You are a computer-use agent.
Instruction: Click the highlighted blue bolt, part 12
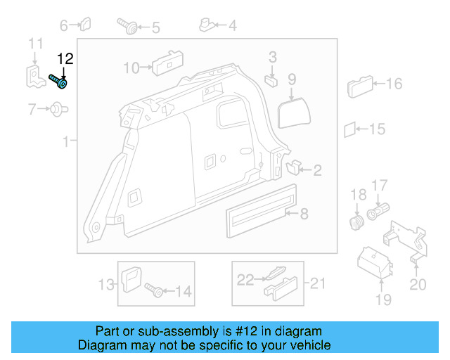[x=58, y=82]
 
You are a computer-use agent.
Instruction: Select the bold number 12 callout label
[x=65, y=59]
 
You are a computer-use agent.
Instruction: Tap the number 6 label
[x=64, y=26]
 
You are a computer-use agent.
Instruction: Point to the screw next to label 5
[x=130, y=27]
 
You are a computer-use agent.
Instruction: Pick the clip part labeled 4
[x=207, y=26]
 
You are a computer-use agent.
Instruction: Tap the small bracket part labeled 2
[x=294, y=167]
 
